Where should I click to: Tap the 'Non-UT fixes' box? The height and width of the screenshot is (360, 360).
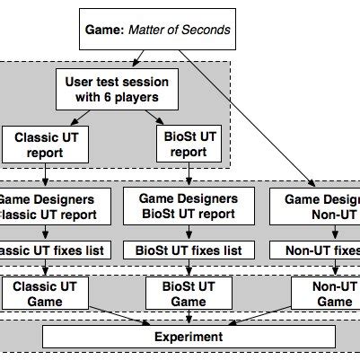pyautogui.click(x=319, y=250)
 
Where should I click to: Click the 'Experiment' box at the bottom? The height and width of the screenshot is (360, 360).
pyautogui.click(x=189, y=337)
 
